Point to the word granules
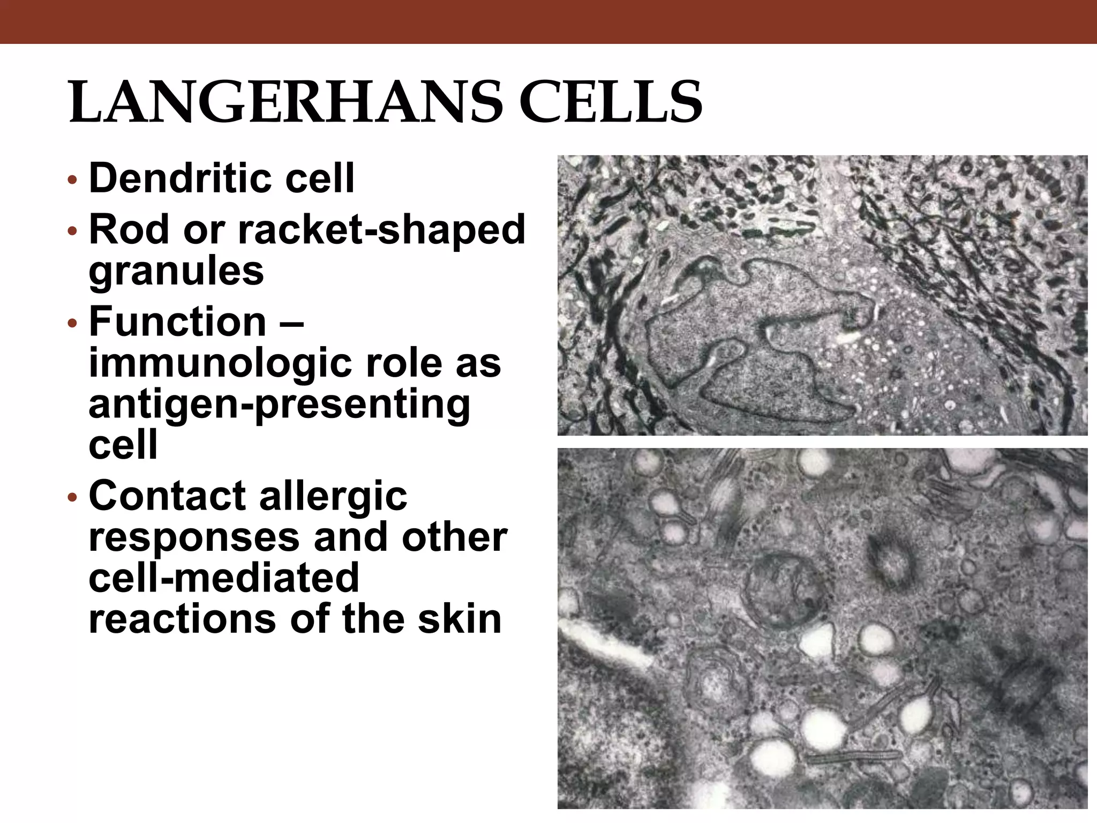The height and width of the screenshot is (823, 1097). pos(176,271)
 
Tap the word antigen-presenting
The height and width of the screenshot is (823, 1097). pos(279,405)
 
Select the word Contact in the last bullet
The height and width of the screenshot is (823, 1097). pos(167,496)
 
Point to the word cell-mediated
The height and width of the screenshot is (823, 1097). pos(224,578)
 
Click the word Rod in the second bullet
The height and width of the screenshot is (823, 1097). pos(121,229)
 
